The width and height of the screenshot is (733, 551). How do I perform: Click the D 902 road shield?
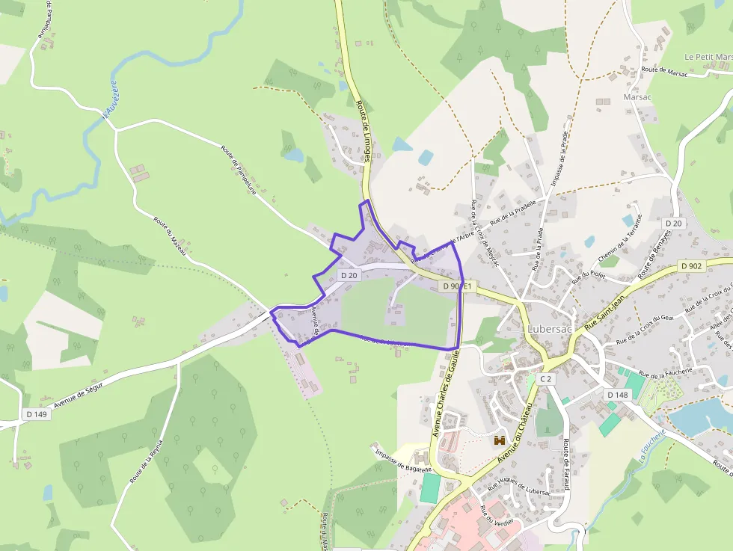pyautogui.click(x=691, y=266)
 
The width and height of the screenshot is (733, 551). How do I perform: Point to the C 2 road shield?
pyautogui.click(x=546, y=379)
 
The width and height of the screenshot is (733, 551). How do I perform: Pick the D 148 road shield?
pyautogui.click(x=618, y=395)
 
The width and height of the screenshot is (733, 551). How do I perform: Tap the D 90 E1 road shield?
pyautogui.click(x=456, y=286)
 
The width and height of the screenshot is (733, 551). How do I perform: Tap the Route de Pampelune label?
pyautogui.click(x=239, y=169)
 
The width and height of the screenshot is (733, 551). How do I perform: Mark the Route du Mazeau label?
pyautogui.click(x=170, y=236)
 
